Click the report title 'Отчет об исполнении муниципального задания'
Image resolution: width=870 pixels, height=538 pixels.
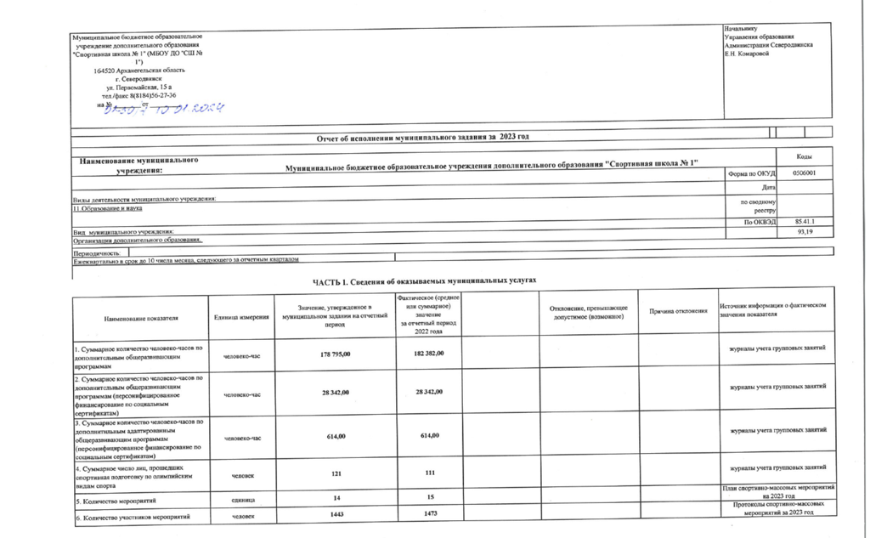[x=421, y=137]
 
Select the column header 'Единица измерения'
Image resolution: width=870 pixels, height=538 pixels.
[x=240, y=317]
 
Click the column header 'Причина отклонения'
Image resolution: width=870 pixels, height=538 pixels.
[x=678, y=312]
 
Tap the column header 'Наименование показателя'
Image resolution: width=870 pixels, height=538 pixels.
[x=141, y=317]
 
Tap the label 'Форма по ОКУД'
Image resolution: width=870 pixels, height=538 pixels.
[x=752, y=173]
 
